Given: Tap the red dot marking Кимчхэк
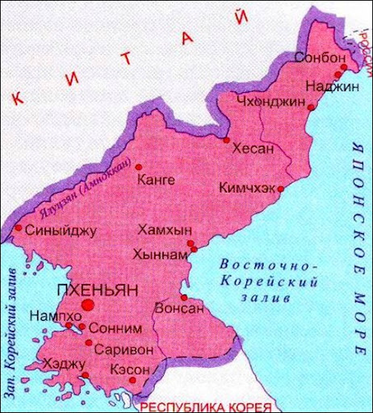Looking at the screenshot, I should (x=279, y=190).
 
